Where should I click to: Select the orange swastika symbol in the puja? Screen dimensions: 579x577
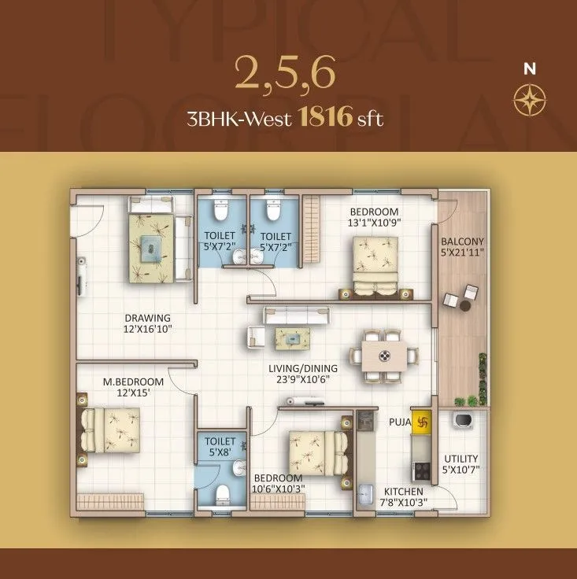(424, 421)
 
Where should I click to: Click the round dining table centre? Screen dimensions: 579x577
(386, 356)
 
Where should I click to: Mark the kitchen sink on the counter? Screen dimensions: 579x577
(364, 496)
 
